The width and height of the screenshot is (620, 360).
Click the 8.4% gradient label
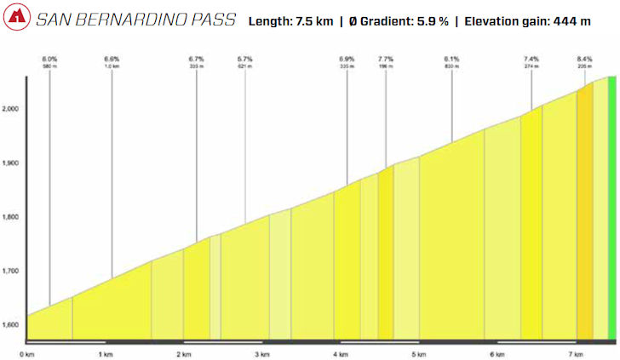coord(584,59)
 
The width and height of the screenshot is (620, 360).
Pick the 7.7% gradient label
coord(386,59)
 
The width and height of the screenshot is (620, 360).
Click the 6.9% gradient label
coord(347,59)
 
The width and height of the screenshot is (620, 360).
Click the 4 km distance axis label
coord(341,353)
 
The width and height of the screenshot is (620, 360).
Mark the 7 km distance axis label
coord(575,353)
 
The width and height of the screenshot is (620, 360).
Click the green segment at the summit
coord(611,204)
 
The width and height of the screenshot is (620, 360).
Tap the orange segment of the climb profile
coord(584,213)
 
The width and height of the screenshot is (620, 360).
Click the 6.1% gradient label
coord(451,59)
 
